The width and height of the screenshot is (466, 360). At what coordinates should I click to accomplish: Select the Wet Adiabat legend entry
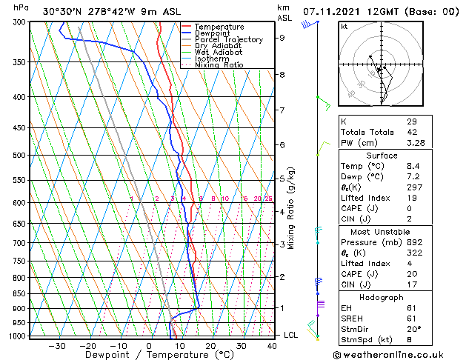[218, 52]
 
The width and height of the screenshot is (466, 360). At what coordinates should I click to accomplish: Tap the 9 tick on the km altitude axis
[282, 37]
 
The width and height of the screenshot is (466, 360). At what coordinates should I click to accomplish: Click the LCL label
[292, 335]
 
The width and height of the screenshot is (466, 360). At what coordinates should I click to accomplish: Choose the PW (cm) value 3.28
[416, 143]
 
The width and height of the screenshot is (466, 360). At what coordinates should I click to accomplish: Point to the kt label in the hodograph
[344, 27]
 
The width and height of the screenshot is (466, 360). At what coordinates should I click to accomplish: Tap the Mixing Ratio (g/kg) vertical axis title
[290, 208]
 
